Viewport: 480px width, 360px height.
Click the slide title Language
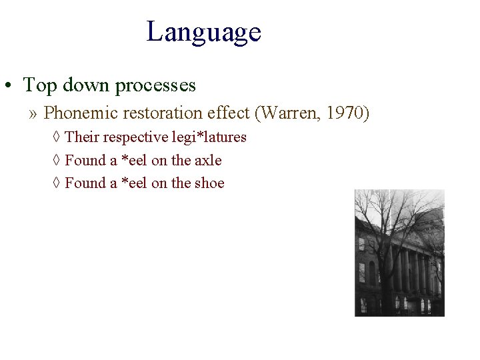coord(204,32)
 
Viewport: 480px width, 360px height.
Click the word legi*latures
coord(209,137)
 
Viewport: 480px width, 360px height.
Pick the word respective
coord(135,137)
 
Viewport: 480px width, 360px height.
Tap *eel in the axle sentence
coord(133,161)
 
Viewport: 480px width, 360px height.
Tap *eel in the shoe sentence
coord(133,183)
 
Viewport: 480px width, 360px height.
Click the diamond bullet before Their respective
coord(57,138)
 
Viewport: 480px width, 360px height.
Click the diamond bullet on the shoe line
coord(57,183)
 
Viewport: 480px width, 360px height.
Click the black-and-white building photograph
coord(399,253)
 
